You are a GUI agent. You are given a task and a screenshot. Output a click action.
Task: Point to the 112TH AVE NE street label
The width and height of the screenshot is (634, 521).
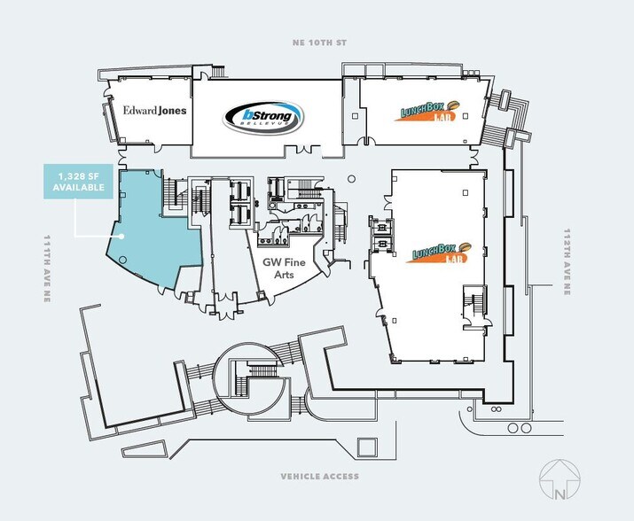(x=566, y=262)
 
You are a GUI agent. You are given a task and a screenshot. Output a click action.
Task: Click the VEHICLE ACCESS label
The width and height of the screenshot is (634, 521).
(x=319, y=477)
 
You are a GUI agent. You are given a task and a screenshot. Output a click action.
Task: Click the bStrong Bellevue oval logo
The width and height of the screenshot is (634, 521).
(x=262, y=116)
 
